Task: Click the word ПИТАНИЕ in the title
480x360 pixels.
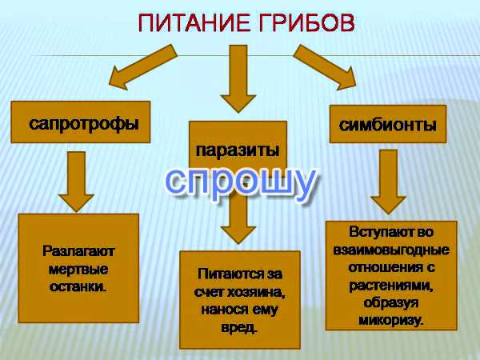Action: [193, 23]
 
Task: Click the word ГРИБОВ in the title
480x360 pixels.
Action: [306, 23]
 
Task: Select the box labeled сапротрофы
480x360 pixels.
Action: [81, 122]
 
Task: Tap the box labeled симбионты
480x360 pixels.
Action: [388, 124]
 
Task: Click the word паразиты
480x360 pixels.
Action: [238, 151]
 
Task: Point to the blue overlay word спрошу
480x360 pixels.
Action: [240, 182]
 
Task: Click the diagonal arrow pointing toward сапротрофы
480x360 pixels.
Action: [142, 66]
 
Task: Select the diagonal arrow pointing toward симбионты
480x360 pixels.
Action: [325, 66]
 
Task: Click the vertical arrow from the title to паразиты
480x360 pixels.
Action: [238, 78]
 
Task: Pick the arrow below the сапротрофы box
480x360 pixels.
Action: [76, 182]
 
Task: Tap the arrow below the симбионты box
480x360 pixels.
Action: [389, 182]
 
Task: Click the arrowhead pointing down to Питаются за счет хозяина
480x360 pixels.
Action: [238, 234]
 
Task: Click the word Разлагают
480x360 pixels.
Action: [78, 252]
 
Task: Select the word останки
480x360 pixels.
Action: [78, 287]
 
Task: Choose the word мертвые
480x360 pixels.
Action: [78, 270]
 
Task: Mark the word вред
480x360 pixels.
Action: [238, 328]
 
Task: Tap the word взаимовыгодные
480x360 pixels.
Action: [391, 250]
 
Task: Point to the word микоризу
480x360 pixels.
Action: [391, 320]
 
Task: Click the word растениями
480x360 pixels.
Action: [391, 286]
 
